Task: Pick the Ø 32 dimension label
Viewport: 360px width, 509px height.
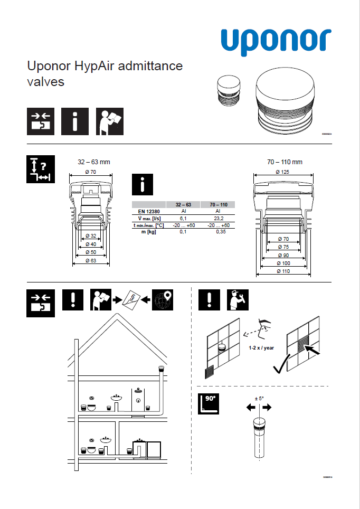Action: pos(90,236)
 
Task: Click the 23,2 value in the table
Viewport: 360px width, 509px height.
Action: pos(218,218)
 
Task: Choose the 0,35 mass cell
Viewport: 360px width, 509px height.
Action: pos(218,232)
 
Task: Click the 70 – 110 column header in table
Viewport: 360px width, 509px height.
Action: pos(218,204)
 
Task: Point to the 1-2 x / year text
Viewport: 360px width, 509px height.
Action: pos(261,348)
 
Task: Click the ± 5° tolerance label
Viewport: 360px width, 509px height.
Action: pos(259,399)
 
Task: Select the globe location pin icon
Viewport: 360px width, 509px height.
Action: pos(162,300)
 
